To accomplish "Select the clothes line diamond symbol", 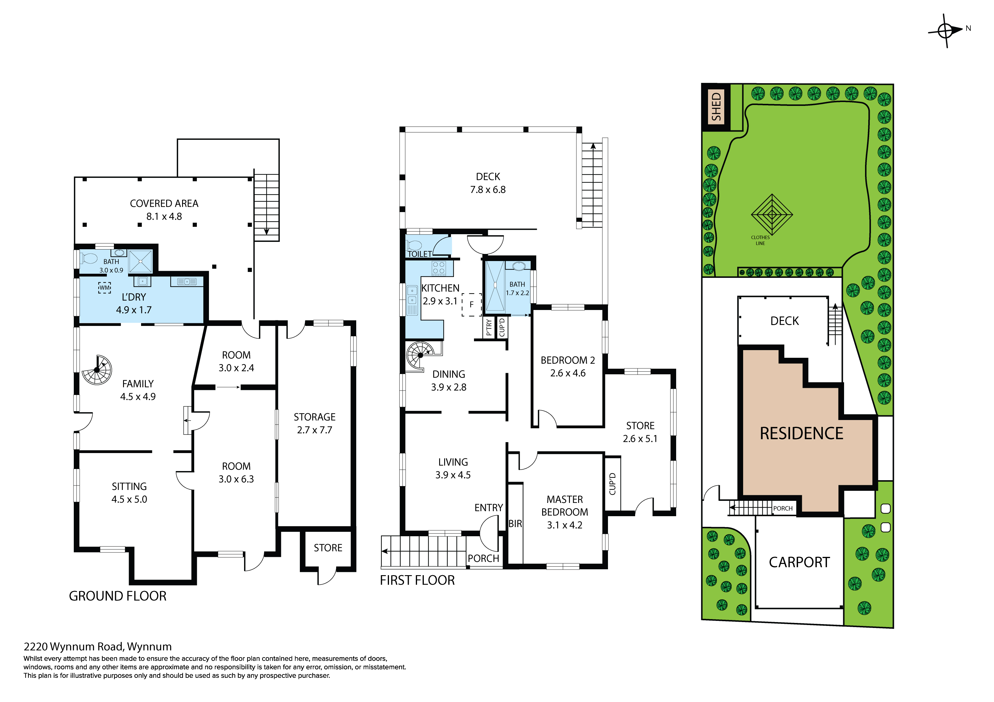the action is click(772, 214).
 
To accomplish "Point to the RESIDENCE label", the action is click(802, 433).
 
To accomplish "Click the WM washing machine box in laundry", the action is click(104, 288).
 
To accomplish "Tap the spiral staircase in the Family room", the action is click(97, 370).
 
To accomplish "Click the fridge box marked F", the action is click(471, 305).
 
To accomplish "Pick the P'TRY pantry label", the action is click(489, 328).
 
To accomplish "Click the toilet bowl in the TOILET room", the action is click(414, 245).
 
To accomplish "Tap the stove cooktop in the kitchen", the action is click(439, 268).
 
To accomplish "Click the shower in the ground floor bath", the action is click(141, 261).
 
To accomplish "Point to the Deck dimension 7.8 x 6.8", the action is click(488, 190).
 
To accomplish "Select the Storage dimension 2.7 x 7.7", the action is click(315, 430).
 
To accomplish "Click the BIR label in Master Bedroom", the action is click(515, 524).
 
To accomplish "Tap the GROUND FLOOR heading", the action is click(118, 596).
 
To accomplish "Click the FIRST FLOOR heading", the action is click(417, 580).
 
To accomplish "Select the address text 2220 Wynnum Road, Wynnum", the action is click(98, 647).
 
